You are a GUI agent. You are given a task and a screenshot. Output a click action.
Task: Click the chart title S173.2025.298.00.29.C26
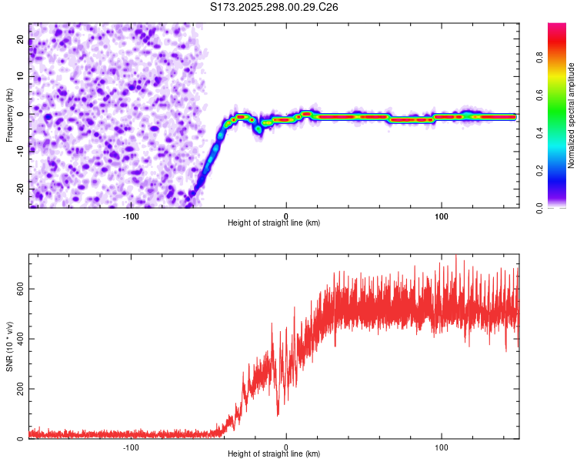274,7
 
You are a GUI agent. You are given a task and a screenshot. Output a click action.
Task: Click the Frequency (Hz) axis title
9,114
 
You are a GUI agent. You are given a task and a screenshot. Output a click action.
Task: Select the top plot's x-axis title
274,223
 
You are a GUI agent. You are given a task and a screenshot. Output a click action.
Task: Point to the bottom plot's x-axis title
274,454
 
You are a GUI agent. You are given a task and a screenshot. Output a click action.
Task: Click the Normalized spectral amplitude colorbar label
571,115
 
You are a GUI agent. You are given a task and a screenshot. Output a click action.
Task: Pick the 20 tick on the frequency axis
22,40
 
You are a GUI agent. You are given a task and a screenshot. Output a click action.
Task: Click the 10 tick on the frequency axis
22,77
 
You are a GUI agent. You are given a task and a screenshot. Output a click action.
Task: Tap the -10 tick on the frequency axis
20,152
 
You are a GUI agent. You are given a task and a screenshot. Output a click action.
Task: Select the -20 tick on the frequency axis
20,189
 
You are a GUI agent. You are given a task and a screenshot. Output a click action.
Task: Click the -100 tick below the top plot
130,215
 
